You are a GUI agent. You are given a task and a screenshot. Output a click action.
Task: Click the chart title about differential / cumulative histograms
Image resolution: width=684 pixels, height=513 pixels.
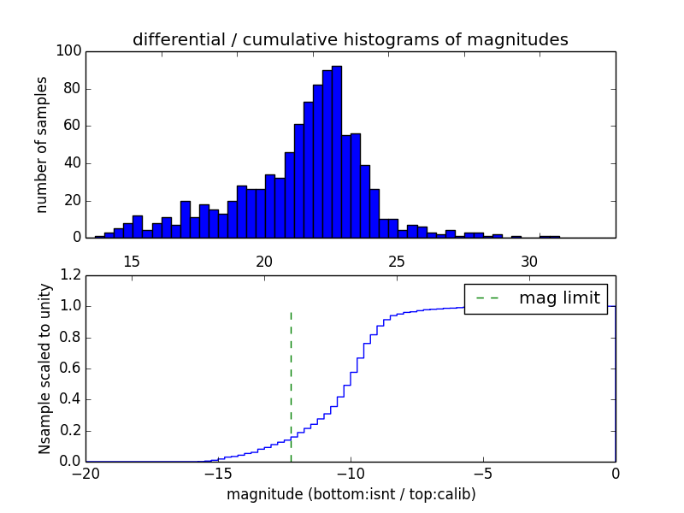pyautogui.click(x=350, y=39)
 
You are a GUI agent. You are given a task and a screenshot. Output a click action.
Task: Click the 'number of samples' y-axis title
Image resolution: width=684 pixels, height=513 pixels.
pyautogui.click(x=42, y=144)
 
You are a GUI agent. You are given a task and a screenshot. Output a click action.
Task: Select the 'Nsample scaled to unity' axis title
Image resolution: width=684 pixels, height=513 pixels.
pyautogui.click(x=45, y=369)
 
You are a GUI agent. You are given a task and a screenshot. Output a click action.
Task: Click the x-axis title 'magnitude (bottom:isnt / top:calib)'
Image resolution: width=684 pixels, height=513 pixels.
pyautogui.click(x=351, y=494)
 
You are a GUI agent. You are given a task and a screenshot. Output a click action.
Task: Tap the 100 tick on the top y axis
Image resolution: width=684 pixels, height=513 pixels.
pyautogui.click(x=69, y=51)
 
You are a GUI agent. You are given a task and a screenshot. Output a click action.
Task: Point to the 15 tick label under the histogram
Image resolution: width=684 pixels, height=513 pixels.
pyautogui.click(x=132, y=261)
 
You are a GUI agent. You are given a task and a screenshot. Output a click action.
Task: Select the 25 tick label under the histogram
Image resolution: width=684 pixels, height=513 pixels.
pyautogui.click(x=397, y=261)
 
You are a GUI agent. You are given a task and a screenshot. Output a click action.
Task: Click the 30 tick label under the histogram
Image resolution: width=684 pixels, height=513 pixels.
pyautogui.click(x=529, y=261)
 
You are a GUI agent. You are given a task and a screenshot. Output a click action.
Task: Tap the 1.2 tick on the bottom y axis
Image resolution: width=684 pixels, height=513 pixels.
pyautogui.click(x=72, y=275)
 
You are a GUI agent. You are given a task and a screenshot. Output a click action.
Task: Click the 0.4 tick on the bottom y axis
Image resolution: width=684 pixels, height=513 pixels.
pyautogui.click(x=72, y=399)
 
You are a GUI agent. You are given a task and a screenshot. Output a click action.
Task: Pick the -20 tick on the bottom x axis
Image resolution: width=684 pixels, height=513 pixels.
pyautogui.click(x=85, y=474)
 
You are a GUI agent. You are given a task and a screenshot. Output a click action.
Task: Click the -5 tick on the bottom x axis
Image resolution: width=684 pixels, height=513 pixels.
pyautogui.click(x=483, y=474)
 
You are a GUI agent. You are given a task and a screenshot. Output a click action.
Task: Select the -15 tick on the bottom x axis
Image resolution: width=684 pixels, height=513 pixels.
pyautogui.click(x=218, y=474)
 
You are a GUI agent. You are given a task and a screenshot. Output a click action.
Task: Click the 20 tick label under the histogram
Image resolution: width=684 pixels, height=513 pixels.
pyautogui.click(x=264, y=261)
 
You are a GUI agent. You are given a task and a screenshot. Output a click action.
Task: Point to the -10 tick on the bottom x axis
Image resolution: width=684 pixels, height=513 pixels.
pyautogui.click(x=351, y=474)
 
